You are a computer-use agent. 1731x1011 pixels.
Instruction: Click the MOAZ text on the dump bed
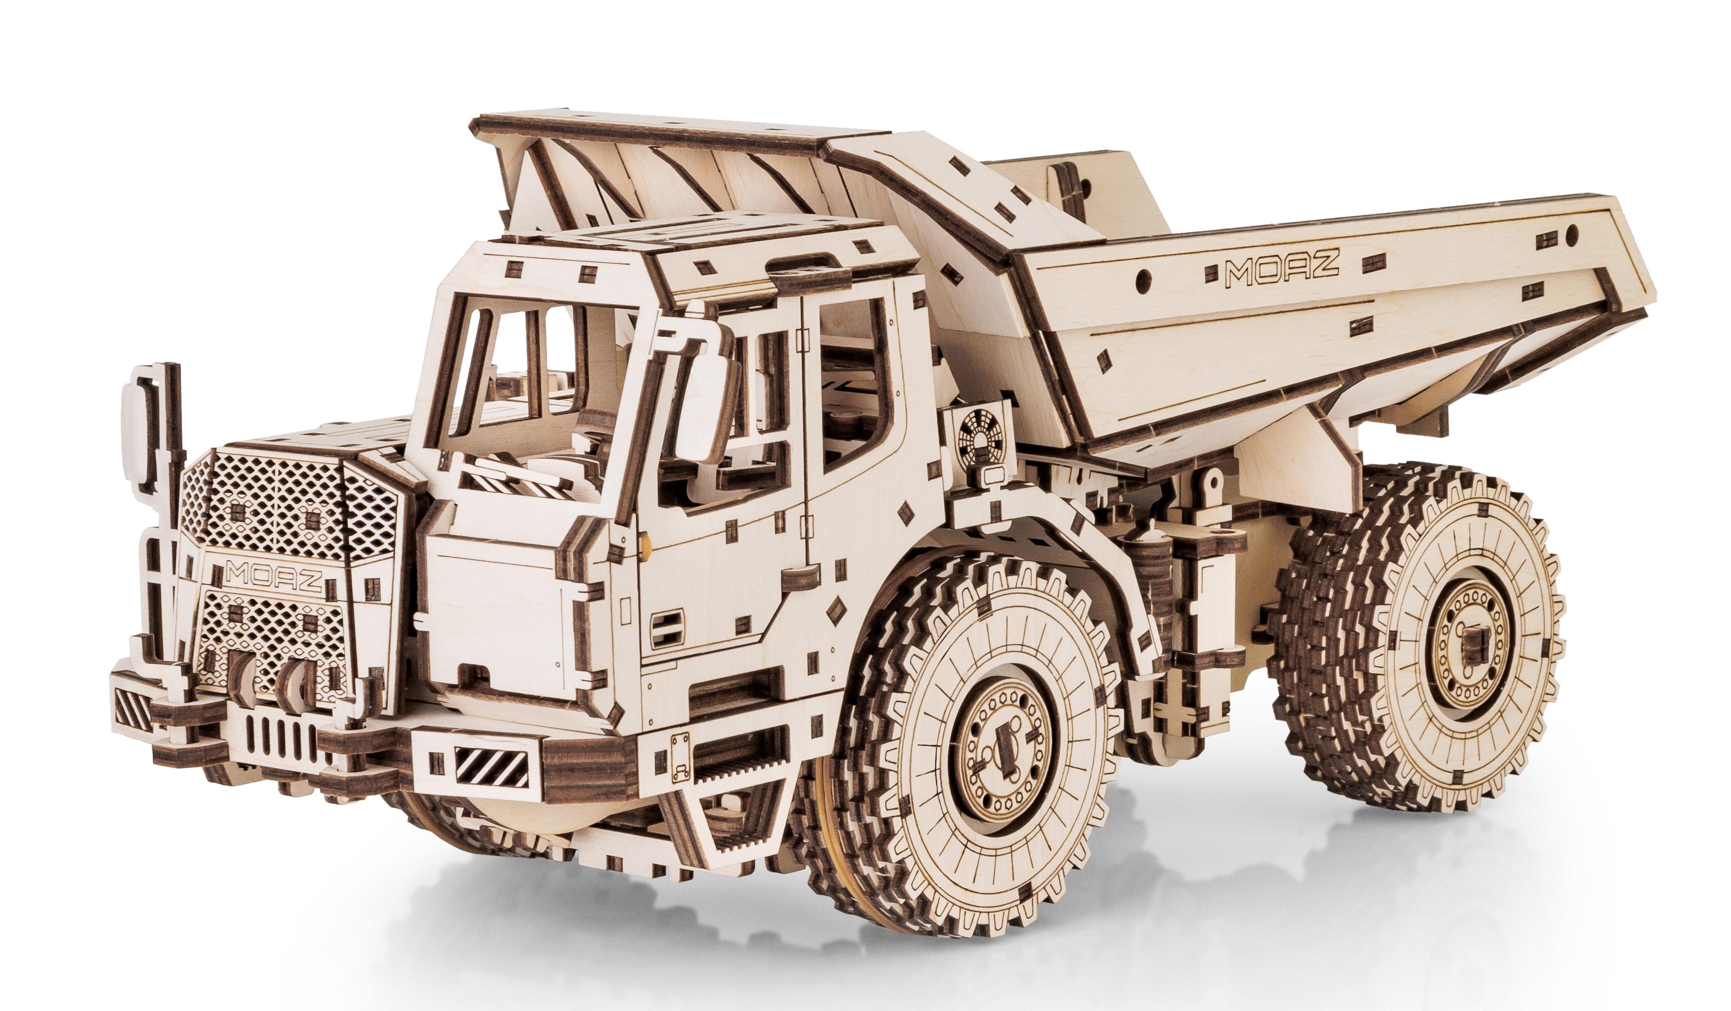pyautogui.click(x=1282, y=270)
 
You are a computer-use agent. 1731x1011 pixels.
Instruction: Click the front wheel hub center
pyautogui.click(x=1001, y=742)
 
